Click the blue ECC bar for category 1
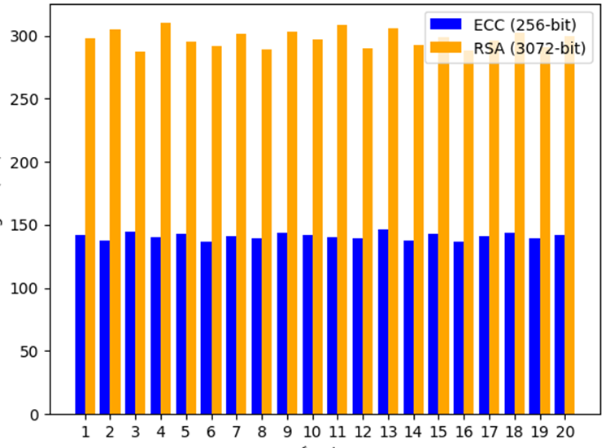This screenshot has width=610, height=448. [x=80, y=324]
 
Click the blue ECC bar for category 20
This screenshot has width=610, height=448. [x=559, y=324]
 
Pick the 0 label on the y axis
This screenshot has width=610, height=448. [x=37, y=415]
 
